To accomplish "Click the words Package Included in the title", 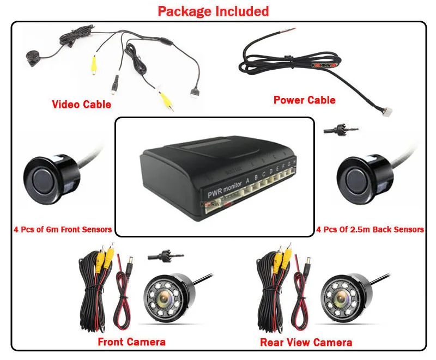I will point(213,11).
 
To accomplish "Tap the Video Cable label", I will point(81,104).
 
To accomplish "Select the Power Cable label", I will point(304,100).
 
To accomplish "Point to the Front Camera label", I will point(131,341).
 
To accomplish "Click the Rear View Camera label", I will point(306,342).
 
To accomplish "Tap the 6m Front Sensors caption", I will point(63,229).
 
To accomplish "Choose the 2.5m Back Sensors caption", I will point(370,229).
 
